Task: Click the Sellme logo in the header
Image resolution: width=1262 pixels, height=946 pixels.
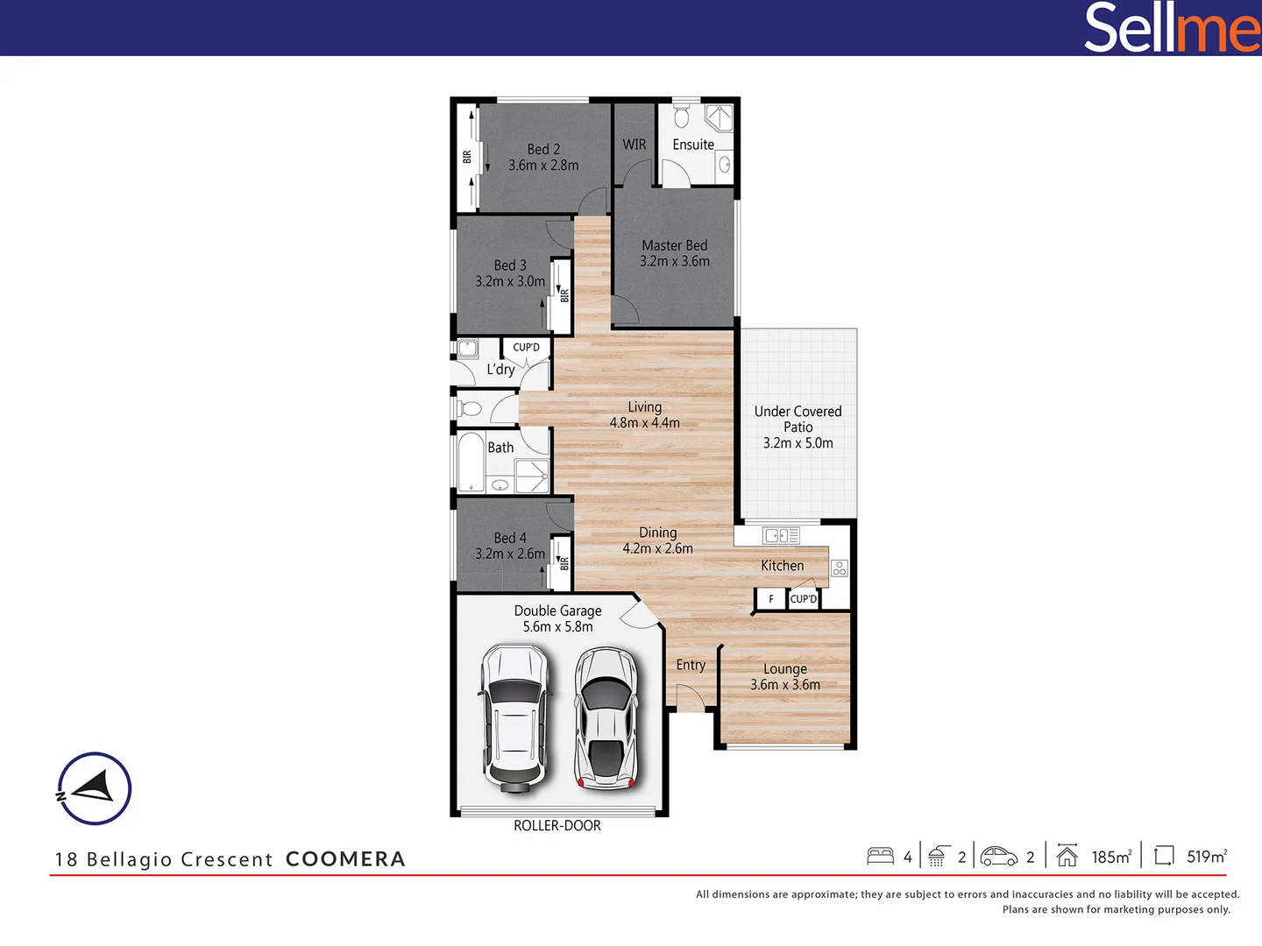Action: click(1171, 27)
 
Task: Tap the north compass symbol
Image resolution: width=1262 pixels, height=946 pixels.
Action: click(94, 788)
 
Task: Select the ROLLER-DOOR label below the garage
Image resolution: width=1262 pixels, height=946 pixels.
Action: click(557, 826)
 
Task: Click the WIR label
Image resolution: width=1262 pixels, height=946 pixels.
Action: click(635, 145)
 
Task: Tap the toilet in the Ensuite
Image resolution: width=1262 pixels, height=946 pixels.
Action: click(682, 116)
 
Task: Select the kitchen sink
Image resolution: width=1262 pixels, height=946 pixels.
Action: click(780, 535)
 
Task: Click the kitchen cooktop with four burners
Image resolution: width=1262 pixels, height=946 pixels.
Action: click(839, 568)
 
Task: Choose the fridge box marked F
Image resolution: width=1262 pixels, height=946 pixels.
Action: click(771, 599)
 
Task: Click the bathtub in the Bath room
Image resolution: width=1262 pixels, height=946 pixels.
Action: click(471, 462)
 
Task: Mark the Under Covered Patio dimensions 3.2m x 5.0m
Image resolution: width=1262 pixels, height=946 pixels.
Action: click(798, 443)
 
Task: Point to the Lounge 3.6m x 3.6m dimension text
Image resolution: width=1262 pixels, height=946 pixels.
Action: click(785, 685)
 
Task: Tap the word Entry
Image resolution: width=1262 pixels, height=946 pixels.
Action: click(691, 665)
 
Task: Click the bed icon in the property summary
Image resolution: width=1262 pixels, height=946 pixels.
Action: click(880, 856)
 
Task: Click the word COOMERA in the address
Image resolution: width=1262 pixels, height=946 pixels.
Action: click(345, 859)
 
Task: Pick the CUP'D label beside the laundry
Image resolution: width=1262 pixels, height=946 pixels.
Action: click(526, 348)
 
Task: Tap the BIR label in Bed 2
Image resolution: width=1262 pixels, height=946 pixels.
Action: click(467, 157)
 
